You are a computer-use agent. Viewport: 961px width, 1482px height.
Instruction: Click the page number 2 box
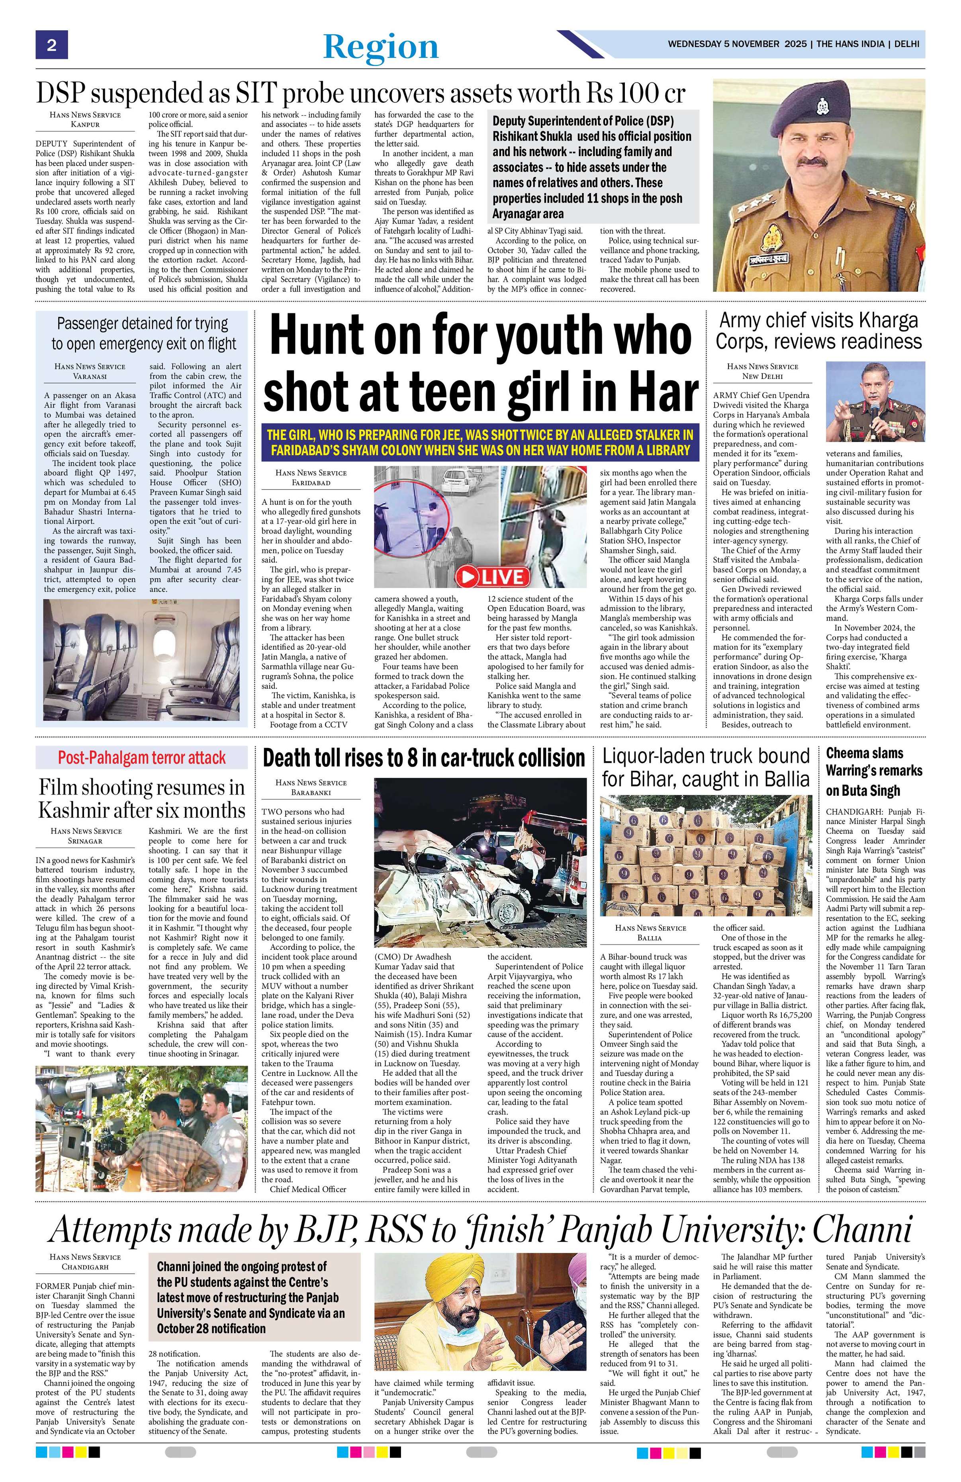click(51, 45)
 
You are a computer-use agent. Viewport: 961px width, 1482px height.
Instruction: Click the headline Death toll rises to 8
click(423, 758)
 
